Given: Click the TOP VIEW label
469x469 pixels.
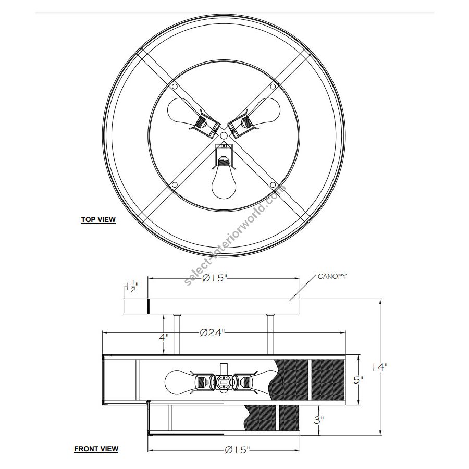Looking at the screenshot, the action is click(x=98, y=219).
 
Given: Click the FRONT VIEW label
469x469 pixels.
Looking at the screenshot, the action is click(x=96, y=449).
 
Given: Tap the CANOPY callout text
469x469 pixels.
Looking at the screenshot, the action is click(x=332, y=276).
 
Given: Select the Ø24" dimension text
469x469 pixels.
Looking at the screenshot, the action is click(x=212, y=332).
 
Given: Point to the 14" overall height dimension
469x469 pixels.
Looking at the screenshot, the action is click(x=380, y=367).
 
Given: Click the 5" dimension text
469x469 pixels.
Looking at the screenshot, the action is click(x=359, y=380).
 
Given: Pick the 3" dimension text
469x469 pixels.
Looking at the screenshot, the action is click(x=319, y=420).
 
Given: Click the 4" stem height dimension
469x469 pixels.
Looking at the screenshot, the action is click(x=164, y=337).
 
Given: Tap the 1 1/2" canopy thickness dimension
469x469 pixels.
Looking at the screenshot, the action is click(x=132, y=287).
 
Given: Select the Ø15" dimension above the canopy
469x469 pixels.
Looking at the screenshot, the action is click(x=215, y=278).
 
